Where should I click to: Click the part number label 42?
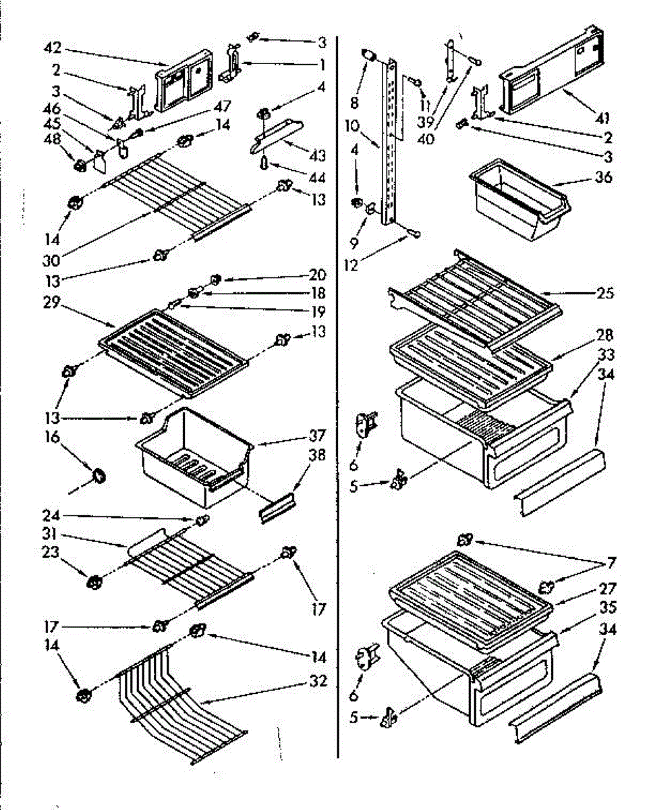(52, 48)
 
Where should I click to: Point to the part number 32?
(317, 681)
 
